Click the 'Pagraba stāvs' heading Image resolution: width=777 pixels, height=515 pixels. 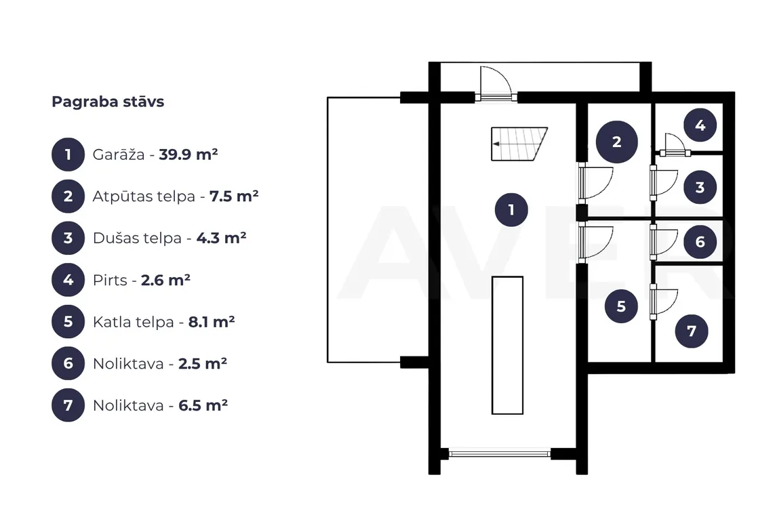[x=108, y=102]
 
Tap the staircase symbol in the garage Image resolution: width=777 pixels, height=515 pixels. [x=519, y=144]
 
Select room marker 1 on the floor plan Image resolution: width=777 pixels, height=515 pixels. [x=511, y=210]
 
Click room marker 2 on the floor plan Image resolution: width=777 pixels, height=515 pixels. [x=616, y=142]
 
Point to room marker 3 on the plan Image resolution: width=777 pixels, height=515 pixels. [x=700, y=188]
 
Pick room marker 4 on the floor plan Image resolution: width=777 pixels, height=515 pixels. [x=700, y=125]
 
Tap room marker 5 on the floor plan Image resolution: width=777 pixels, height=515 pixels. [x=621, y=306]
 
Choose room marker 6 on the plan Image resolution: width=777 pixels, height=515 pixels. [x=700, y=242]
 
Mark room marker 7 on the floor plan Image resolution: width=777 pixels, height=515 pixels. [x=692, y=331]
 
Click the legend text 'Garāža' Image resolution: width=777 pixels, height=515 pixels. [x=119, y=154]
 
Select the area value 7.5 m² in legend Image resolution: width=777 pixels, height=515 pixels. [x=234, y=197]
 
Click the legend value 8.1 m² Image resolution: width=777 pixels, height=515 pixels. [x=212, y=322]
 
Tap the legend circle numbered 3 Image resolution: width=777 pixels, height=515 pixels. [x=68, y=239]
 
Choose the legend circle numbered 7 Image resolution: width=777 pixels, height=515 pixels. [x=68, y=405]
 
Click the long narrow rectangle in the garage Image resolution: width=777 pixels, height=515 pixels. [x=507, y=345]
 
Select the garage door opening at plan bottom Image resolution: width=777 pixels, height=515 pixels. [x=500, y=453]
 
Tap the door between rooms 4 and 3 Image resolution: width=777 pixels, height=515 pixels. [x=675, y=146]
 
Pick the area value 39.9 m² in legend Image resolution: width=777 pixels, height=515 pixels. [x=188, y=154]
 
